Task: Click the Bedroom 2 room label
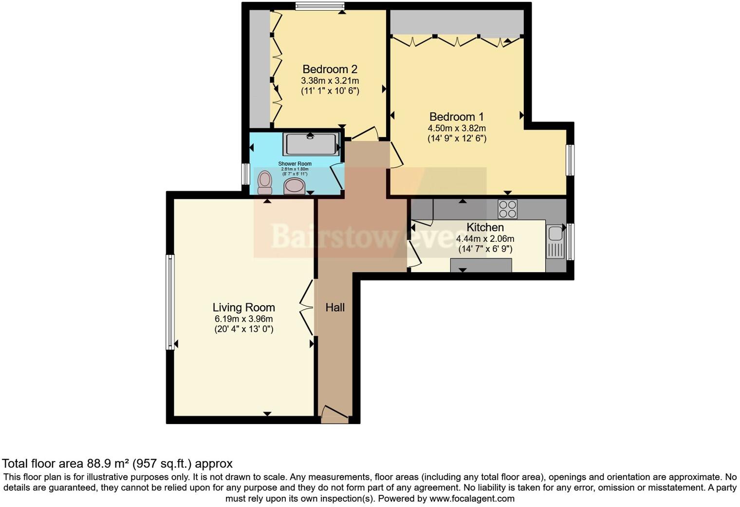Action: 330,69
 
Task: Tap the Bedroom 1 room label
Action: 456,117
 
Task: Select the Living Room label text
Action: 243,308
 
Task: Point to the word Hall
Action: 335,308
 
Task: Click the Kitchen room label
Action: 485,227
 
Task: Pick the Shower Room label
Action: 295,164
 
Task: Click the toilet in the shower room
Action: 264,181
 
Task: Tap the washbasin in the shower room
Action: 294,186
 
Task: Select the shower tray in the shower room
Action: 311,144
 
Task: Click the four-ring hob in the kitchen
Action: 507,209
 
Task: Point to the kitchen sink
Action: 555,242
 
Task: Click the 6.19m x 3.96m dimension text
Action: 243,319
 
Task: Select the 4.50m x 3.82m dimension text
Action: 456,128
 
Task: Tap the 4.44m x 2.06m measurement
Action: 485,239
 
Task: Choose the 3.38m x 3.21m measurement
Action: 330,80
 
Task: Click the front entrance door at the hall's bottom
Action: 335,414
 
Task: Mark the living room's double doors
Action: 307,307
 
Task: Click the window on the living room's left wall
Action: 170,302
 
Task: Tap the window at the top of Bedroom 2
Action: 319,6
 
